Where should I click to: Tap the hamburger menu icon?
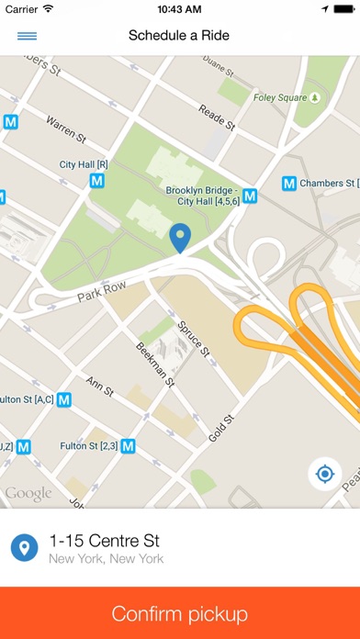click(x=27, y=36)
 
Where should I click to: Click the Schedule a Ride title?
click(x=179, y=36)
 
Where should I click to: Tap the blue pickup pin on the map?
click(x=181, y=237)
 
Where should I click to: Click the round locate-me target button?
click(x=324, y=474)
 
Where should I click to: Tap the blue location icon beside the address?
click(x=24, y=548)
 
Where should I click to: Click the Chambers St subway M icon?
click(x=286, y=184)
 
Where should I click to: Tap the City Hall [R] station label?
click(x=84, y=164)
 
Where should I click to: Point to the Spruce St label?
click(x=194, y=338)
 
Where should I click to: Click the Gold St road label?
click(x=222, y=425)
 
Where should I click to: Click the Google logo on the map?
click(x=28, y=494)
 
